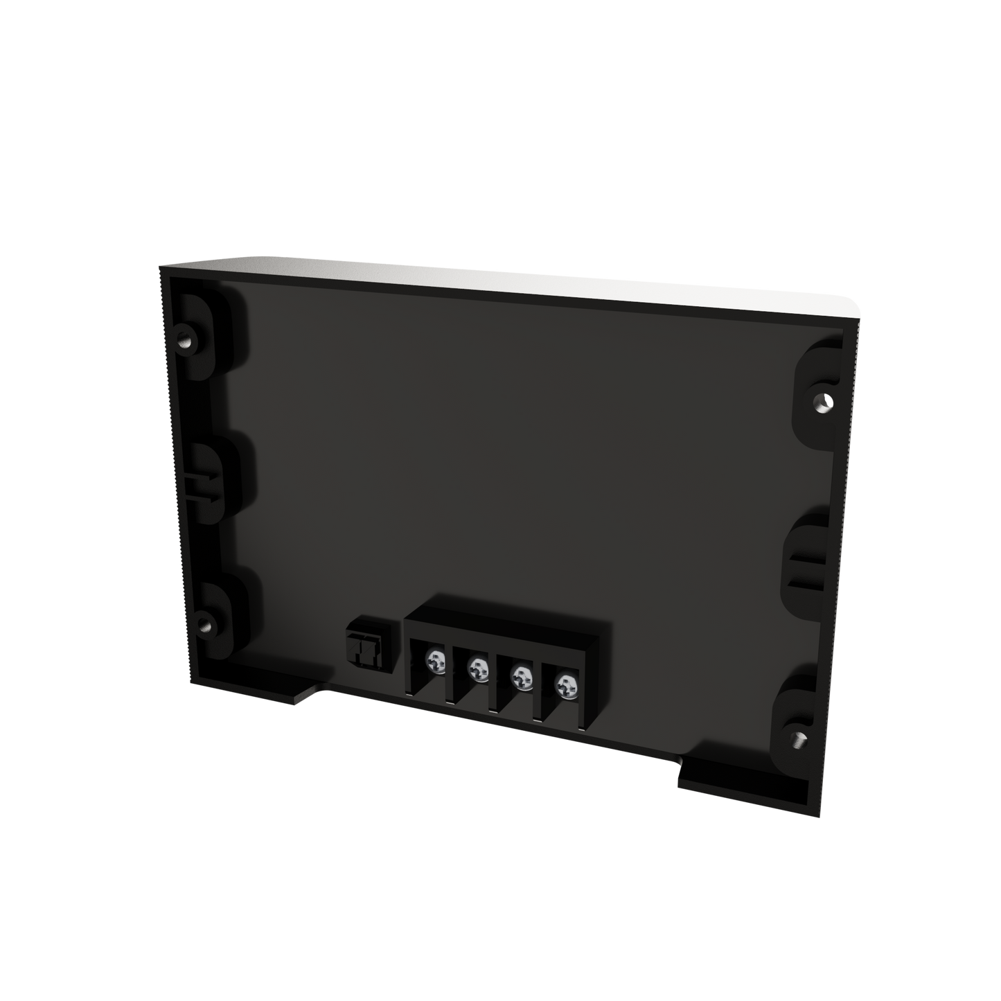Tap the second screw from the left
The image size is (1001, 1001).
tap(477, 668)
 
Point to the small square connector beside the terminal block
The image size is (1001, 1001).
tap(364, 646)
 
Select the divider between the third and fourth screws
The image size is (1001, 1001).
tap(540, 686)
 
